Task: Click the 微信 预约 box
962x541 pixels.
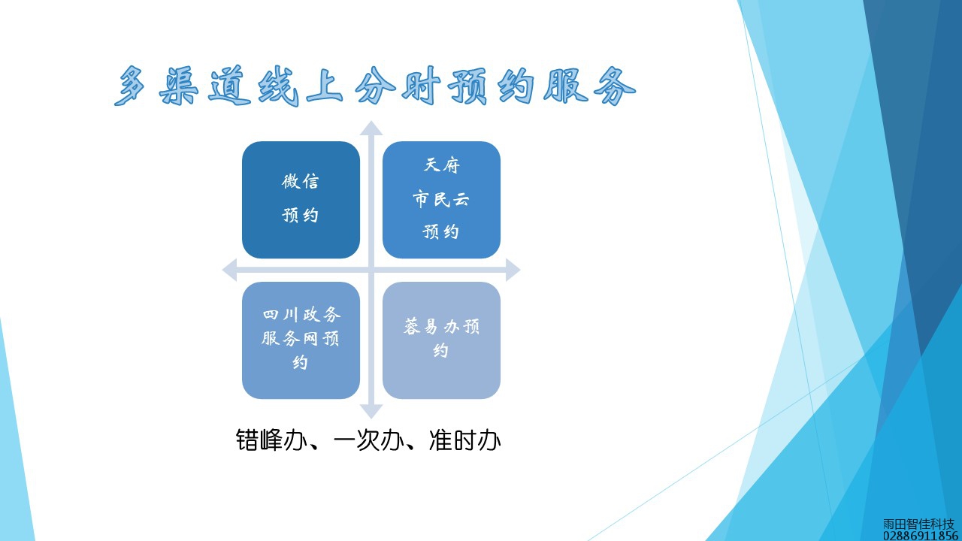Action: [301, 200]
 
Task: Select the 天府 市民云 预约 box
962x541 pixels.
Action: [441, 200]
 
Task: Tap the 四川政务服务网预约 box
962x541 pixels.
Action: [301, 340]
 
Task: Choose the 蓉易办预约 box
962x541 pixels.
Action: [441, 340]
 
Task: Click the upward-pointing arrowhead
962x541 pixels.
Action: [371, 128]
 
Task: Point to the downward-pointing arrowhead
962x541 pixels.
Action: [371, 412]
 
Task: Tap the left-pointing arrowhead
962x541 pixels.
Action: [229, 270]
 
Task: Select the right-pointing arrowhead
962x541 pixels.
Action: [513, 270]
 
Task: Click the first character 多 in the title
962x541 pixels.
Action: [130, 86]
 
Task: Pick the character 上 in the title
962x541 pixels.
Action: [324, 86]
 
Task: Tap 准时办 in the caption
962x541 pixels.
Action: [465, 440]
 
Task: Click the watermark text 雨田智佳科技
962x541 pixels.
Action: [918, 524]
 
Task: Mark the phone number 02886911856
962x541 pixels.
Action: [921, 536]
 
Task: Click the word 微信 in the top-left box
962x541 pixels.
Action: [300, 182]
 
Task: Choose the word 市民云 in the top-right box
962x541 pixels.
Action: [441, 199]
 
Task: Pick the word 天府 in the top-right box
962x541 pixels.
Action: [441, 165]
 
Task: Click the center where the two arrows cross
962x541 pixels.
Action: [371, 270]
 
